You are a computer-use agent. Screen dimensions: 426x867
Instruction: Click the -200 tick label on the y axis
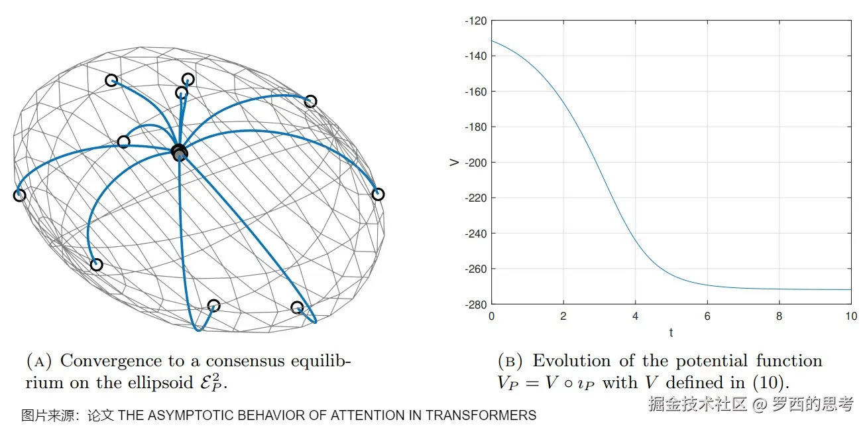coord(475,163)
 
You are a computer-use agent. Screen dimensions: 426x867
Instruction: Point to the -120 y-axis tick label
coord(475,21)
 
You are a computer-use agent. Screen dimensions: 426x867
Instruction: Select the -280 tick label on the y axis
coord(475,304)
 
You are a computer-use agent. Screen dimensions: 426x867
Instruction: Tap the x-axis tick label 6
coord(707,316)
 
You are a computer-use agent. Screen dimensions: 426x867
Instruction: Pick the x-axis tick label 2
coord(563,316)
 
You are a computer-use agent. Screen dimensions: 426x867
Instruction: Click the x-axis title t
coord(671,332)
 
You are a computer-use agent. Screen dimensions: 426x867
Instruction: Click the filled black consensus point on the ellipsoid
coord(179,153)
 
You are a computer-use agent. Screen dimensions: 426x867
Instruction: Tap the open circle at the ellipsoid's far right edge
coord(378,194)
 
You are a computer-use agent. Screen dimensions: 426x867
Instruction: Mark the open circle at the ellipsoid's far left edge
coord(19,195)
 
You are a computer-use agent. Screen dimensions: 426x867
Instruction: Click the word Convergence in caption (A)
coord(111,361)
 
